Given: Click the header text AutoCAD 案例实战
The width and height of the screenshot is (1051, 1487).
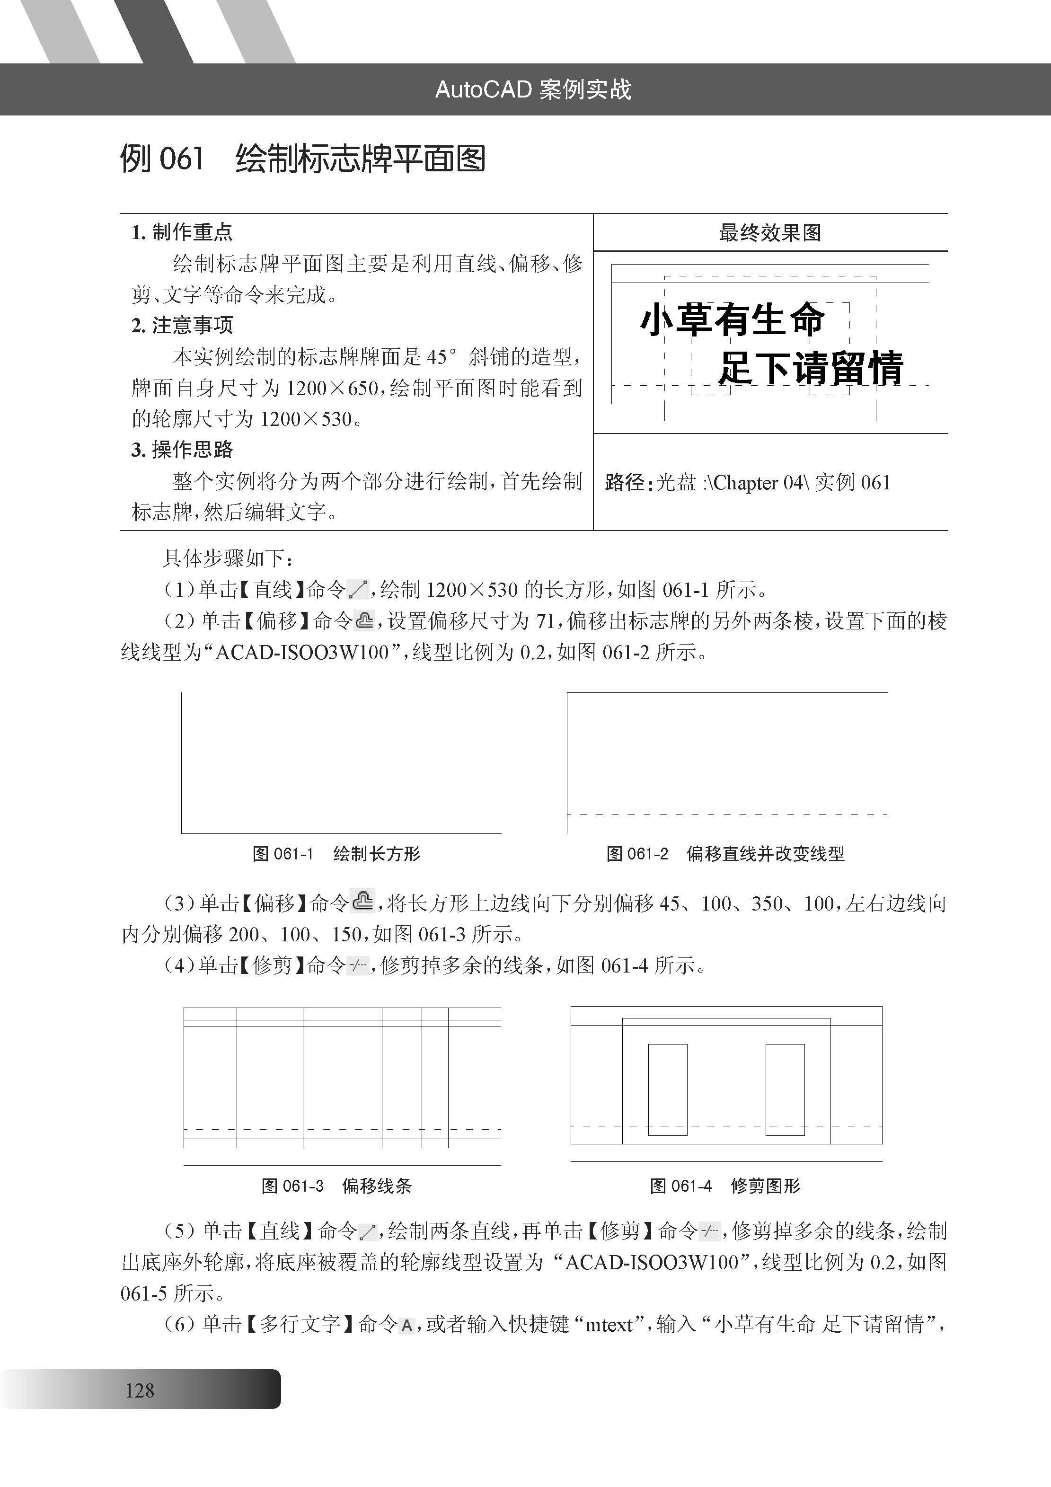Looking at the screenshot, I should [x=532, y=89].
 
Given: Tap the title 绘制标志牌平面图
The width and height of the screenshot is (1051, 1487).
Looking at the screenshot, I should [x=360, y=159].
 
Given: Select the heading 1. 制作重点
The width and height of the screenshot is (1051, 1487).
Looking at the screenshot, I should [x=182, y=232].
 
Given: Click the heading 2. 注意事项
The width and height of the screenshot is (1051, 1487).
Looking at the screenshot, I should [x=182, y=325].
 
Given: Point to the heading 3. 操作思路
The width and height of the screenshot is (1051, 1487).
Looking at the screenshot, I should [x=182, y=450].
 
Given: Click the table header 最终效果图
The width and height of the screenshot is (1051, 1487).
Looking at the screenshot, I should [x=769, y=232].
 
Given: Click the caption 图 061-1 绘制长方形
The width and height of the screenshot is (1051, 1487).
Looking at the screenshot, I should [x=336, y=854].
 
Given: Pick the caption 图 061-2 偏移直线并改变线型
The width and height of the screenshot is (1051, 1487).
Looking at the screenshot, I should [x=725, y=854].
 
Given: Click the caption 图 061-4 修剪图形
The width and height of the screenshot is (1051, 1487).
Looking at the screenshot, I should [x=725, y=1186].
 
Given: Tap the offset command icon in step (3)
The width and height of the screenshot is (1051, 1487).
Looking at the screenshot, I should [x=362, y=901].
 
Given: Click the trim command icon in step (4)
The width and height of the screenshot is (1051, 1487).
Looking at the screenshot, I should [x=357, y=966].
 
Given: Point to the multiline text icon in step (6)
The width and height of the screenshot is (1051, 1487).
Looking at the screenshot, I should [x=406, y=1326].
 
